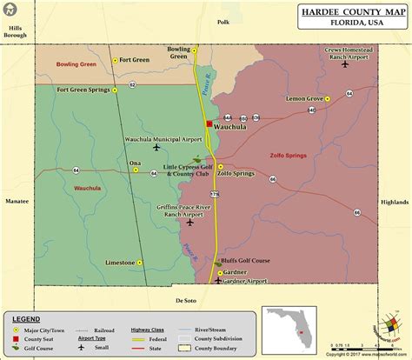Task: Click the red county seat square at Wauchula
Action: [x=208, y=124]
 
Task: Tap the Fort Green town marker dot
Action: [x=115, y=60]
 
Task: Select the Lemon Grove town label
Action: [x=304, y=100]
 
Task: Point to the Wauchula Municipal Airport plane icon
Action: [x=156, y=147]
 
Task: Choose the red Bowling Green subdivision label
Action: [x=76, y=65]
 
